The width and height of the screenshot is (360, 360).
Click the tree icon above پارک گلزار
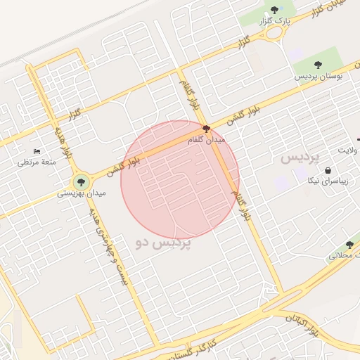(274, 10)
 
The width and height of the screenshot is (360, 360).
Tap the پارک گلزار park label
(275, 22)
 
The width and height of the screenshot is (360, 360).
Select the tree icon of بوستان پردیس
(319, 64)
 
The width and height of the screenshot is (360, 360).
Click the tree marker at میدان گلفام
(206, 129)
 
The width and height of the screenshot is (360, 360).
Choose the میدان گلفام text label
(206, 141)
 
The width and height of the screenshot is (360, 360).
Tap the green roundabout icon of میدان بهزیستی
(81, 180)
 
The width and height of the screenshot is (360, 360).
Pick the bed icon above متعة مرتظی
(37, 151)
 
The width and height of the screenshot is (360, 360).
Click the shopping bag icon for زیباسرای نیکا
(328, 169)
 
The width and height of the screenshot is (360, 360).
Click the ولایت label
(348, 150)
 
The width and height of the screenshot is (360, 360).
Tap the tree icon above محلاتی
(349, 245)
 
